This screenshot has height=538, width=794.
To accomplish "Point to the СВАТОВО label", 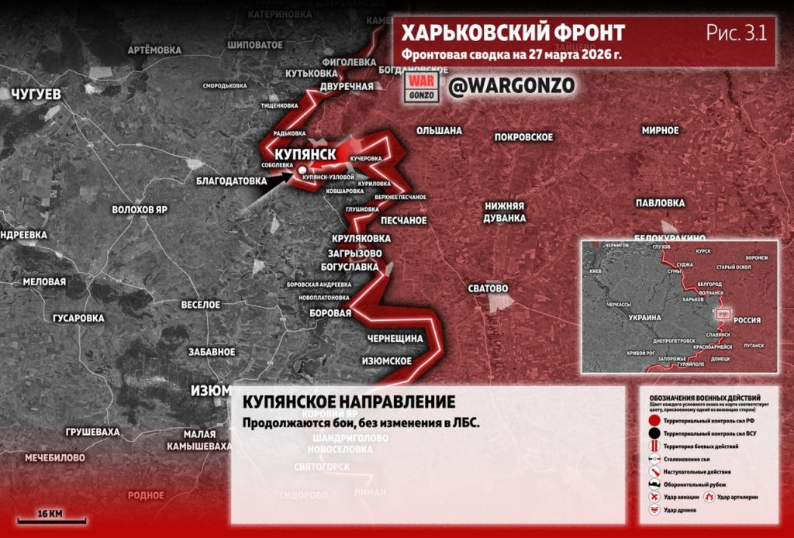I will point(488,288).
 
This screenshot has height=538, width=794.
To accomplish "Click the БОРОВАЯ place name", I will point(330,313).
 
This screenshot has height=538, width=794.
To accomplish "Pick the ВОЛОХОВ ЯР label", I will point(140,210).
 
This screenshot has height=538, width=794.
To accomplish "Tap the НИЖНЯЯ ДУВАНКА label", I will point(505,212).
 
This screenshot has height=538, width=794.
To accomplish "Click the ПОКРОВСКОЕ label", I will point(523,137).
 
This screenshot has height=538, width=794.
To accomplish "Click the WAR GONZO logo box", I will point(423,86).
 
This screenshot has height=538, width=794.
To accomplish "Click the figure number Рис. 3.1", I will point(736,33).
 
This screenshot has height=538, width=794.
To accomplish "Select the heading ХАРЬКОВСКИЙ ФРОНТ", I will point(513,33).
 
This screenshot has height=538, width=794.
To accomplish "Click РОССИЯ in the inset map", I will point(747,319).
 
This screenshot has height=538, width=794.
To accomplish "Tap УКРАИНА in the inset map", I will point(645,318).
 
